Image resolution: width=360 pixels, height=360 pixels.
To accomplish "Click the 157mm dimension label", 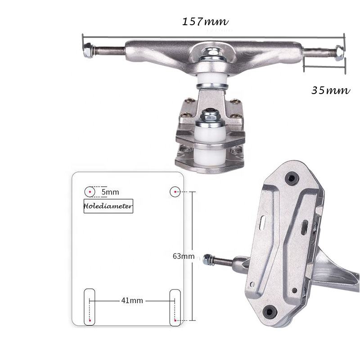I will (x=205, y=21).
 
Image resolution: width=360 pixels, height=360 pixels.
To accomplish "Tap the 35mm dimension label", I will (x=330, y=90).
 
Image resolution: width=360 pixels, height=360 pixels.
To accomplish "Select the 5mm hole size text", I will (x=110, y=192).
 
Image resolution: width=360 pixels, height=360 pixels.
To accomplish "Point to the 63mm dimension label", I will (x=183, y=256).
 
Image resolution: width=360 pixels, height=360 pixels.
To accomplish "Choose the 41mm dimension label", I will (x=132, y=300).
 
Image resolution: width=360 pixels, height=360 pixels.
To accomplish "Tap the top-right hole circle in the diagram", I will (x=175, y=192).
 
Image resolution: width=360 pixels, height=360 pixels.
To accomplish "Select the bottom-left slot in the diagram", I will (x=90, y=307).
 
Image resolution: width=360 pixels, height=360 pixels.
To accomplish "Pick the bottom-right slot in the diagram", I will (x=175, y=307).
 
